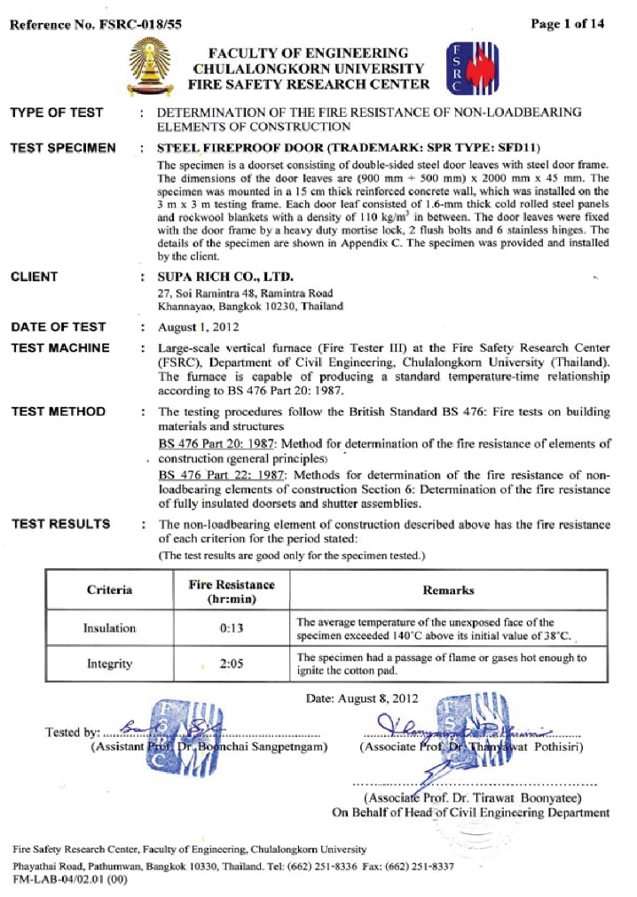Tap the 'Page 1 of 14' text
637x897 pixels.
[568, 24]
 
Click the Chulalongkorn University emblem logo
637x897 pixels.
[146, 68]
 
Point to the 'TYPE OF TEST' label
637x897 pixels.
[57, 113]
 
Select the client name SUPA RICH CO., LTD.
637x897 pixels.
[218, 277]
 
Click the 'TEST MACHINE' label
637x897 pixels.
[60, 348]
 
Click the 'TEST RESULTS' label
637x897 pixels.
[60, 524]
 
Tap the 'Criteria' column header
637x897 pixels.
[109, 590]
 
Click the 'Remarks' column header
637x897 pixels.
[449, 590]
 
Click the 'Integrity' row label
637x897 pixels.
[109, 663]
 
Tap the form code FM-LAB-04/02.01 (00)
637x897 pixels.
[70, 879]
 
